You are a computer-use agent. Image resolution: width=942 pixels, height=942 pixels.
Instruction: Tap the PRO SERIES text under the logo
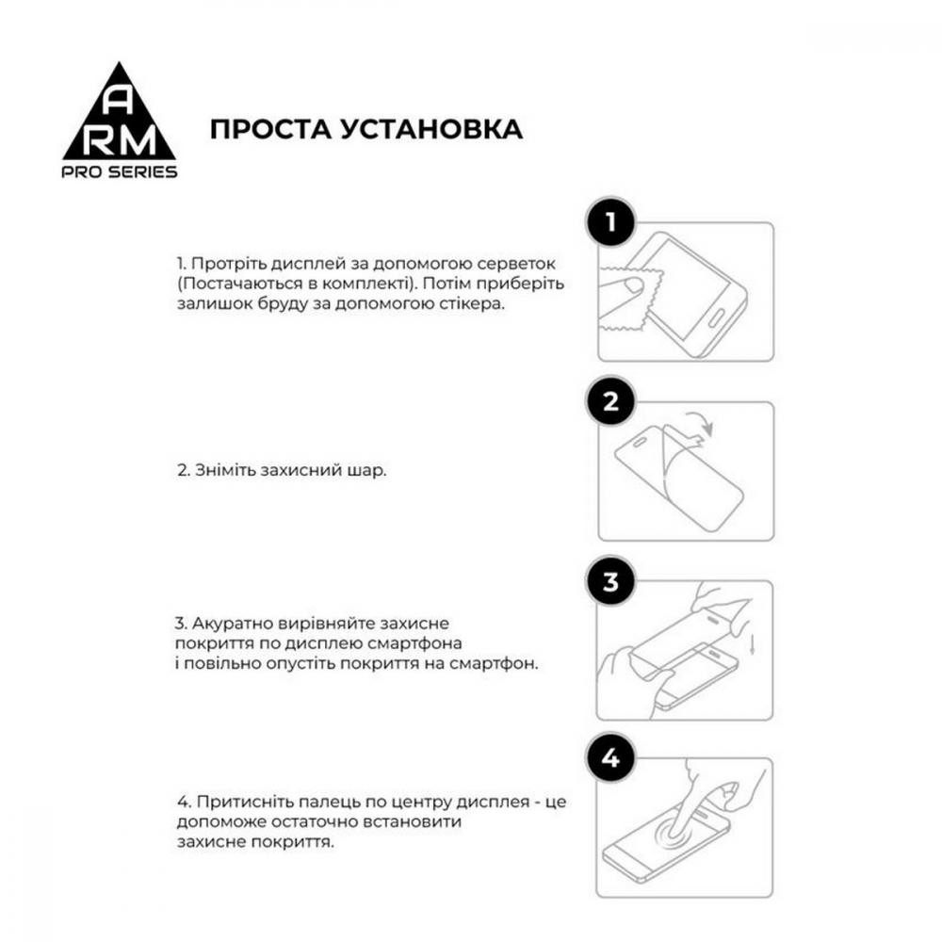click(x=120, y=171)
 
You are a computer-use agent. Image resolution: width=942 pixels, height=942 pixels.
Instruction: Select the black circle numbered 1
click(x=610, y=223)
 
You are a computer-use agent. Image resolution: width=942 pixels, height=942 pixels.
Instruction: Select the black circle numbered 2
click(x=610, y=402)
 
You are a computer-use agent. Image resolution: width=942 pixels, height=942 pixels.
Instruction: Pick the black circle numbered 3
click(x=610, y=581)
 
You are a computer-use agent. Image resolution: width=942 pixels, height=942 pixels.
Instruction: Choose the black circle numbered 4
click(x=610, y=758)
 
